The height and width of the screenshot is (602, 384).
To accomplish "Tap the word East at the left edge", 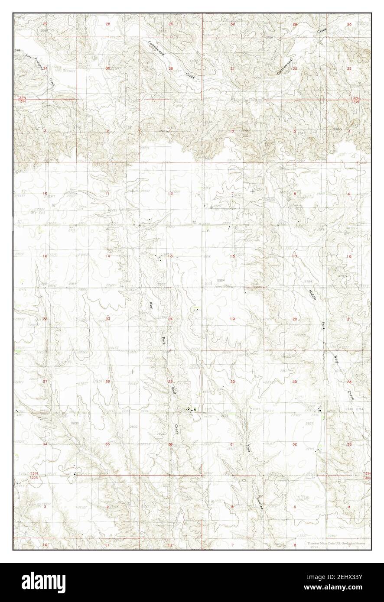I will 17,51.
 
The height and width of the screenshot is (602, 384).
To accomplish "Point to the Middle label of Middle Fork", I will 312,295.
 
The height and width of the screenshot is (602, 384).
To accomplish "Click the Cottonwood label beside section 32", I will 285,66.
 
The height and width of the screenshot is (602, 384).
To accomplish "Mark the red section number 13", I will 171,256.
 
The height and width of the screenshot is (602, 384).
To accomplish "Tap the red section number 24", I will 170,319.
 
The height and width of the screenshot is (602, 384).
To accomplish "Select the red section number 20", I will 294,319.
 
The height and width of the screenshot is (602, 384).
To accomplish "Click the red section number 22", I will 45,319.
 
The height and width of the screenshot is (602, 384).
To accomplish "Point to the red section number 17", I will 294,256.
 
